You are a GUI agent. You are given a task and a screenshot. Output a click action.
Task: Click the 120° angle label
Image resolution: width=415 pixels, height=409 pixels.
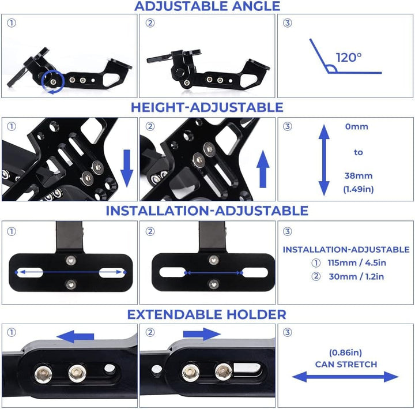coord(349,58)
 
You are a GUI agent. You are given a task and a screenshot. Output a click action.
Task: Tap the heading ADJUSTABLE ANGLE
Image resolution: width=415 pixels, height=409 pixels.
coord(207,6)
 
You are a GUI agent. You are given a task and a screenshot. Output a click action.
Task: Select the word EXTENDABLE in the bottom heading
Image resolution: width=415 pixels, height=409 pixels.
coord(175,314)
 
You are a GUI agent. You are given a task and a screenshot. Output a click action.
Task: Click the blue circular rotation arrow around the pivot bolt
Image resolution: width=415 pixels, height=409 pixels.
coord(53,82)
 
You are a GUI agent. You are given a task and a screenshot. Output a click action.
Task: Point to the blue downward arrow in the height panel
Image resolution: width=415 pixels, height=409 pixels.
coord(127,168)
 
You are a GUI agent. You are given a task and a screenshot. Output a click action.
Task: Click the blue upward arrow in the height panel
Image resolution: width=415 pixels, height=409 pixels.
coord(263,169)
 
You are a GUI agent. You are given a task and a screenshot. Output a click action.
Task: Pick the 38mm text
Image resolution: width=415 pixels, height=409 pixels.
coord(359,175)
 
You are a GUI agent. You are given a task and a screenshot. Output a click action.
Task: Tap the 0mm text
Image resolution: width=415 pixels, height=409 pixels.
coord(357,126)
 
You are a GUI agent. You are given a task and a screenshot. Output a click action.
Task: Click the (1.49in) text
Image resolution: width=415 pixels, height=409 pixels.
coord(359,189)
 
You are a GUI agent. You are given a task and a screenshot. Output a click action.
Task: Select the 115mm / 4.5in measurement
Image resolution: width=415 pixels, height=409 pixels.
coord(357,263)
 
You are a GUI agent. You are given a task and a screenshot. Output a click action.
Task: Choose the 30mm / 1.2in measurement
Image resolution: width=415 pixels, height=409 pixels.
coord(356,276)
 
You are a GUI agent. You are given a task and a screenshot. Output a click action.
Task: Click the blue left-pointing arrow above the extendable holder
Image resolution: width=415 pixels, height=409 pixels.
coord(76,336)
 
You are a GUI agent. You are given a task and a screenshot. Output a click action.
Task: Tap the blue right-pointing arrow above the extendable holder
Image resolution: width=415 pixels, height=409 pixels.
coord(202,334)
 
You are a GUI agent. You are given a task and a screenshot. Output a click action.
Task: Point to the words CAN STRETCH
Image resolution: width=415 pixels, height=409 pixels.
coord(346,364)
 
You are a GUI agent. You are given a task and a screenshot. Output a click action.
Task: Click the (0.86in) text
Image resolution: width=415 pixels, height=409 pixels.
coord(345,352)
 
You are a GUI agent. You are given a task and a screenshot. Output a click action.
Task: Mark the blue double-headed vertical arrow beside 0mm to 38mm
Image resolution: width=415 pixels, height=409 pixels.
coord(324,160)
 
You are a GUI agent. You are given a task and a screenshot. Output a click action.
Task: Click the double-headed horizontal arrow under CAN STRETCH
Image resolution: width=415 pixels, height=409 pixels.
coord(345,377)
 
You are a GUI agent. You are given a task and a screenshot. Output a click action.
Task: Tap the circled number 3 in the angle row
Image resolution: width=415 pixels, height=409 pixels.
coord(288,23)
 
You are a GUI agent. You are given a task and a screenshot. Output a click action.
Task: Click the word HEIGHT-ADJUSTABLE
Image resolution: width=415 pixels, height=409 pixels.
coord(207,107)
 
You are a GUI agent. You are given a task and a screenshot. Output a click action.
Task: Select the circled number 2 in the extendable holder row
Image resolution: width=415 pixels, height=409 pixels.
coord(150,332)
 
